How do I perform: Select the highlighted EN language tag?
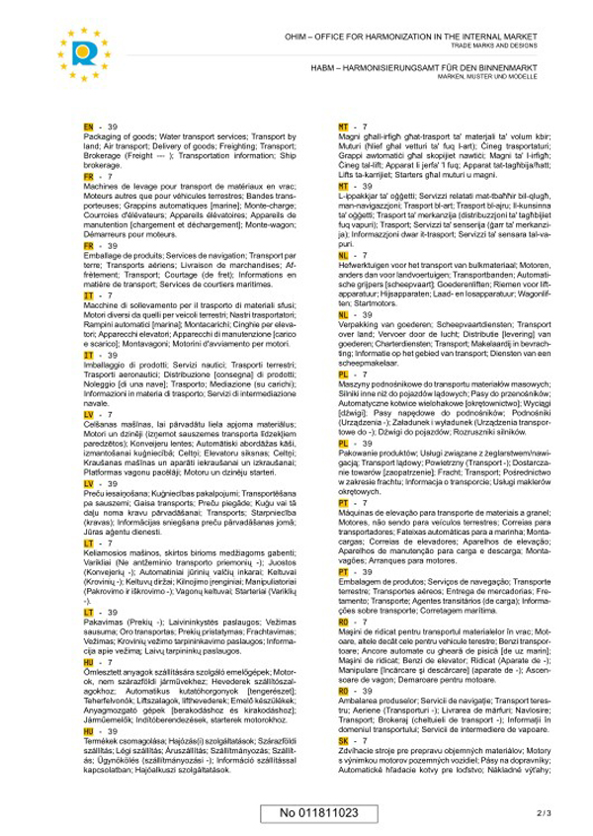tap(89, 127)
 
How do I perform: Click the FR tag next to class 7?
tap(89, 177)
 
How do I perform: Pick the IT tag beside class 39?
tap(89, 355)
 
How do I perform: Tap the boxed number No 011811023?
tap(318, 812)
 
